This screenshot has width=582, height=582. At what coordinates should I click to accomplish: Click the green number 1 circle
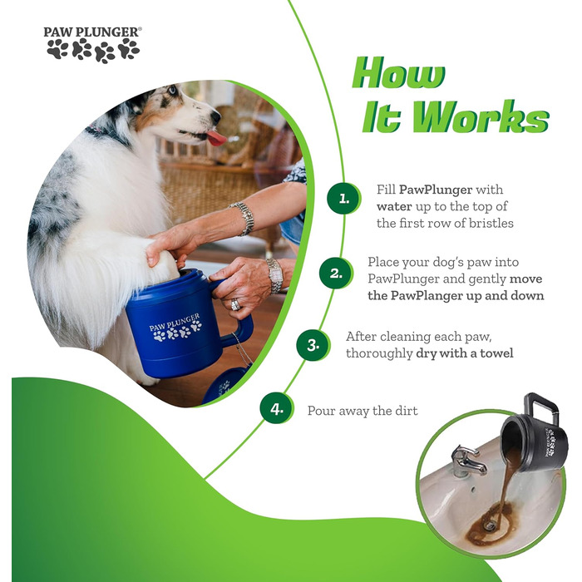343,199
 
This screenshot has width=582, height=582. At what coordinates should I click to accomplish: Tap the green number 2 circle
336,274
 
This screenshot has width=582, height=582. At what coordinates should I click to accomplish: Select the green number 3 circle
313,345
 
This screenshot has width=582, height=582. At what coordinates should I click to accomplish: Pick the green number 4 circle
277,409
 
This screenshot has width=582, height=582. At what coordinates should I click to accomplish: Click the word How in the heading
398,72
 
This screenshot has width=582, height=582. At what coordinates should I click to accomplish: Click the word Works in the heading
481,116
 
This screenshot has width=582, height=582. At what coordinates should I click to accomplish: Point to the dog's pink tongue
216,138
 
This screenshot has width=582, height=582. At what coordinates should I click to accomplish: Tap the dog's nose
215,117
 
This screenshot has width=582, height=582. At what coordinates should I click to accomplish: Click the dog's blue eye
171,90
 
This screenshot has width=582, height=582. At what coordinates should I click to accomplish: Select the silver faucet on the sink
466,461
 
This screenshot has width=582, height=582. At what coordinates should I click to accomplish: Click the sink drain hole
489,525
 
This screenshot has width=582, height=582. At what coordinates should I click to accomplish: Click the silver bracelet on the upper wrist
243,218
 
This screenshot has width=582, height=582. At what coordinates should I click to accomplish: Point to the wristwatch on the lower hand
275,276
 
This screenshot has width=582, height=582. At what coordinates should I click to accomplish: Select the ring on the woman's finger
235,305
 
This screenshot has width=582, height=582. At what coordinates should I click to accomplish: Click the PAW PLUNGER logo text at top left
92,32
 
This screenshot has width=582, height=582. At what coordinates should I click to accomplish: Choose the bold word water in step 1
394,206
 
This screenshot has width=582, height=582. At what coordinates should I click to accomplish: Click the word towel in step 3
497,353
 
